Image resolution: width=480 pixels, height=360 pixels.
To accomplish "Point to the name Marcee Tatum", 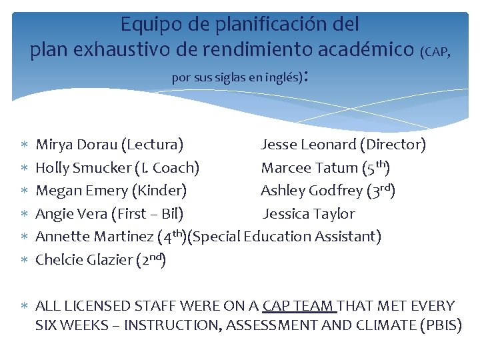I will tap(309, 167).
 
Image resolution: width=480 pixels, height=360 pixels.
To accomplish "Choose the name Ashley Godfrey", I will tap(312, 191).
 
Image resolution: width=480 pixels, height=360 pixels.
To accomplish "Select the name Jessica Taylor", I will tap(309, 214).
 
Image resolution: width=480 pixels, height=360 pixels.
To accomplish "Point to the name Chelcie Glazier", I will tap(83, 260).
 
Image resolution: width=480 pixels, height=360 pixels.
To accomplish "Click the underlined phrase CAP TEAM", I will tap(299, 306).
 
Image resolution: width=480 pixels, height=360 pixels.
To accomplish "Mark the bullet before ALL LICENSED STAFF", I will tap(25, 307).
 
